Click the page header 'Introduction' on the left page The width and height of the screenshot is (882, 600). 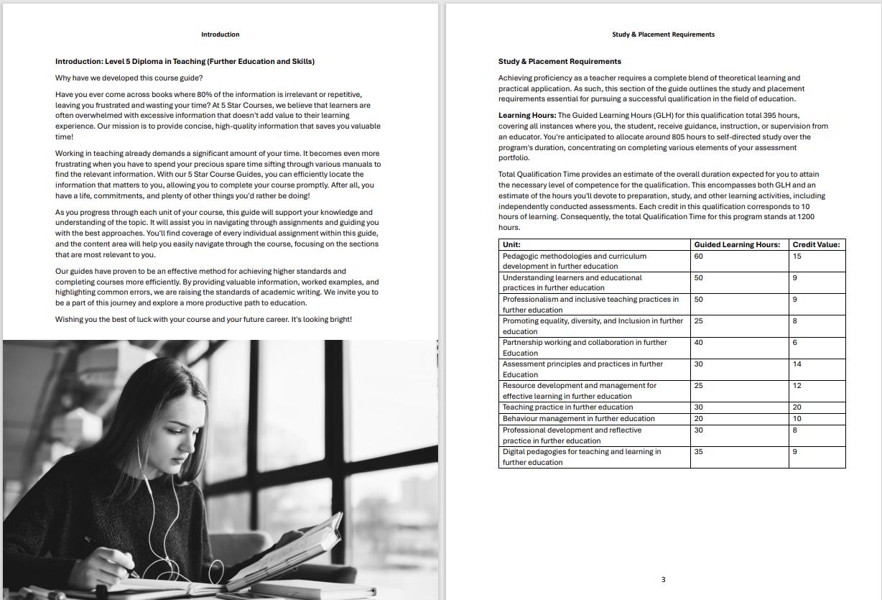(220, 34)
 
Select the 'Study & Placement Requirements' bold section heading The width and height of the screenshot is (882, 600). (560, 62)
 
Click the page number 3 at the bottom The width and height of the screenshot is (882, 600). (663, 579)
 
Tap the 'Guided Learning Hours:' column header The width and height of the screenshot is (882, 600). (737, 245)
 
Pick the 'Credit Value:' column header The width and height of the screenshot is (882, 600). (816, 245)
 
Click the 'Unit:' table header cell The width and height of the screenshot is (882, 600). (511, 245)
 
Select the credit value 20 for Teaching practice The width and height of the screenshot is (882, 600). (797, 407)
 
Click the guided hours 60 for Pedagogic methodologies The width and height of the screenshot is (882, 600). (699, 257)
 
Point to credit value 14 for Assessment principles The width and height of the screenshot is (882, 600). (797, 364)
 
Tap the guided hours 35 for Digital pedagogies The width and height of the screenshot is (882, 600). (699, 452)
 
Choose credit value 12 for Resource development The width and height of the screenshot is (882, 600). (797, 386)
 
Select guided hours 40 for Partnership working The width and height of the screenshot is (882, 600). (699, 343)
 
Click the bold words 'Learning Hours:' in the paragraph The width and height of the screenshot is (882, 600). (527, 116)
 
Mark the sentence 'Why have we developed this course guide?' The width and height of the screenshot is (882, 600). (129, 78)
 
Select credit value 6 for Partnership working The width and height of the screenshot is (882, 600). (795, 343)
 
